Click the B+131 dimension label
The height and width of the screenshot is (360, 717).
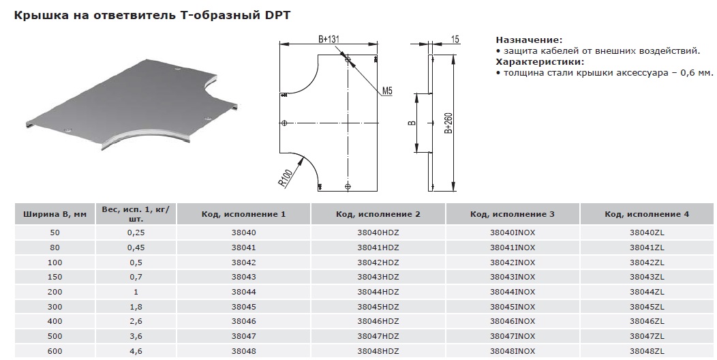[x=329, y=39]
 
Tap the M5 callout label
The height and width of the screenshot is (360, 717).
[x=387, y=91]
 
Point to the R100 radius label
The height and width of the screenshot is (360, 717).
[x=286, y=178]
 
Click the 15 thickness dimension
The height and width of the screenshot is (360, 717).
[x=455, y=40]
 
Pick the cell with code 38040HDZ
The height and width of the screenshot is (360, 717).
[x=378, y=232]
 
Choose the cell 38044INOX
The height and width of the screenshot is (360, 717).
[x=513, y=292]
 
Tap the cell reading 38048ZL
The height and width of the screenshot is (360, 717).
[x=647, y=351]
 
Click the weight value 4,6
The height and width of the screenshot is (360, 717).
[x=136, y=351]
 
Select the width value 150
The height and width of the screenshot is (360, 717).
[x=55, y=277]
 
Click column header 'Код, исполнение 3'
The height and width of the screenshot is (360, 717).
[x=513, y=214]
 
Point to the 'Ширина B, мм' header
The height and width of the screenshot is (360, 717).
[x=55, y=214]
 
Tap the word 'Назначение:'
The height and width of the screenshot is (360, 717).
[x=529, y=40]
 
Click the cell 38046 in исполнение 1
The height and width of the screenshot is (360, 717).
[x=244, y=321]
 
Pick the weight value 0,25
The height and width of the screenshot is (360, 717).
[x=136, y=232]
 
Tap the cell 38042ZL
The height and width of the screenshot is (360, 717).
[x=647, y=262]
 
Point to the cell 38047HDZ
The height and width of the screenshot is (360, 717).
[x=378, y=336]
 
